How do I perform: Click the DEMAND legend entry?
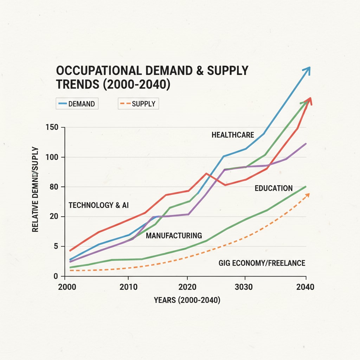tap(77, 104)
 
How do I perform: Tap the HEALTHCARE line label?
tap(233, 135)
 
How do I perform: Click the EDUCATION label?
tap(274, 188)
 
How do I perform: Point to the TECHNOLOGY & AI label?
tap(98, 205)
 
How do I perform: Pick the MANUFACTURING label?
tap(174, 235)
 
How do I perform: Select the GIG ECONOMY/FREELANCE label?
tap(262, 263)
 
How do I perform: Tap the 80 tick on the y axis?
tap(54, 187)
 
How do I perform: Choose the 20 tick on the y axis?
tap(54, 217)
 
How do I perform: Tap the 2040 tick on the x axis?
tap(305, 287)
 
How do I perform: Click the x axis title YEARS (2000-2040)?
tap(187, 301)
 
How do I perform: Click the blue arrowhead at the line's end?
tap(308, 69)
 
